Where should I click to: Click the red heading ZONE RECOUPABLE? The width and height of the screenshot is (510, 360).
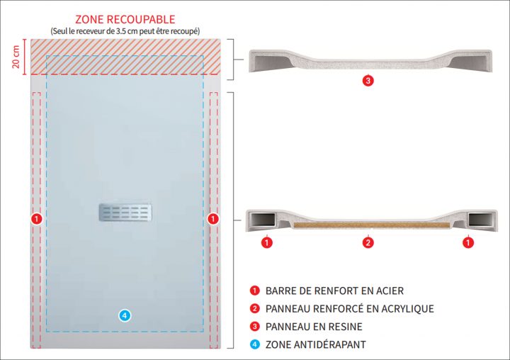125,19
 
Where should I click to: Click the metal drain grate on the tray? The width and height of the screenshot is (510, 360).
125,211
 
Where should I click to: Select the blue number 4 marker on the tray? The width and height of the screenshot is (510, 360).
125,315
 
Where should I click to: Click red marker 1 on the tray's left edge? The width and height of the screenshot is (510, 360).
37,220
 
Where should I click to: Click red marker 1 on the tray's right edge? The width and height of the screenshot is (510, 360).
212,220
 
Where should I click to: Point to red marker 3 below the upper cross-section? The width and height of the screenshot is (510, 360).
368,80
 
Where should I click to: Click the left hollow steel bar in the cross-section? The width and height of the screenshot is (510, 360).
263,220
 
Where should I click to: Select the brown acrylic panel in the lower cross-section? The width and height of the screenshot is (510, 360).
368,226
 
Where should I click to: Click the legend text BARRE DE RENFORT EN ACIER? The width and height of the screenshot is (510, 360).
334,291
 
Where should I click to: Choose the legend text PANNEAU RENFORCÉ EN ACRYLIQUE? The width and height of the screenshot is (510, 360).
349,309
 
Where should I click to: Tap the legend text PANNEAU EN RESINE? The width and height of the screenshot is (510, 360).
314,327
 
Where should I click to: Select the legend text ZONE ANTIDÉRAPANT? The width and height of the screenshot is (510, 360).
316,345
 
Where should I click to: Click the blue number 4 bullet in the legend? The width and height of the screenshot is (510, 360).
254,345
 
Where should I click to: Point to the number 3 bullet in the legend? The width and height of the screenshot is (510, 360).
254,327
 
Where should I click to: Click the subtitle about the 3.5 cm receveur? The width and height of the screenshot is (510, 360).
125,31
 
